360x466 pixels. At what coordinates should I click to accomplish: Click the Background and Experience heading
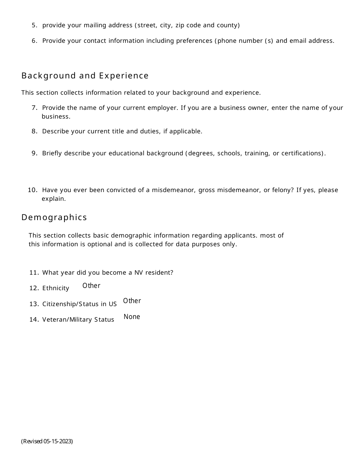pyautogui.click(x=85, y=76)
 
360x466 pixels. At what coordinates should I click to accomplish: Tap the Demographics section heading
pyautogui.click(x=54, y=217)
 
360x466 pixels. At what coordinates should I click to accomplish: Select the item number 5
pyautogui.click(x=34, y=25)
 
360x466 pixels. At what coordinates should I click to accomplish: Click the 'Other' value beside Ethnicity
pyautogui.click(x=91, y=286)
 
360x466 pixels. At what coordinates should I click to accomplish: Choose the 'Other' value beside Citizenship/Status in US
pyautogui.click(x=132, y=301)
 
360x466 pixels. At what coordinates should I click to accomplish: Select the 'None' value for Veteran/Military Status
pyautogui.click(x=132, y=317)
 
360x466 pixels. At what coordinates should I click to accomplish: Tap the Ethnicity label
pyautogui.click(x=56, y=288)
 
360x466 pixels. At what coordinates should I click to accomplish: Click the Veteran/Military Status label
pyautogui.click(x=78, y=320)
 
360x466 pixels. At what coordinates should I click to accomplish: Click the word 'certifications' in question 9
pyautogui.click(x=302, y=153)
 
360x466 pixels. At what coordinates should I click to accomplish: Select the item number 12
pyautogui.click(x=34, y=288)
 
